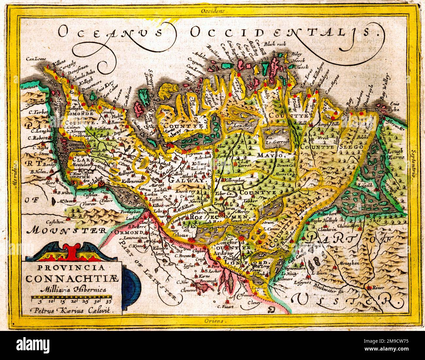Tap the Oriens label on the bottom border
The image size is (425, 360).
click(x=212, y=321)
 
